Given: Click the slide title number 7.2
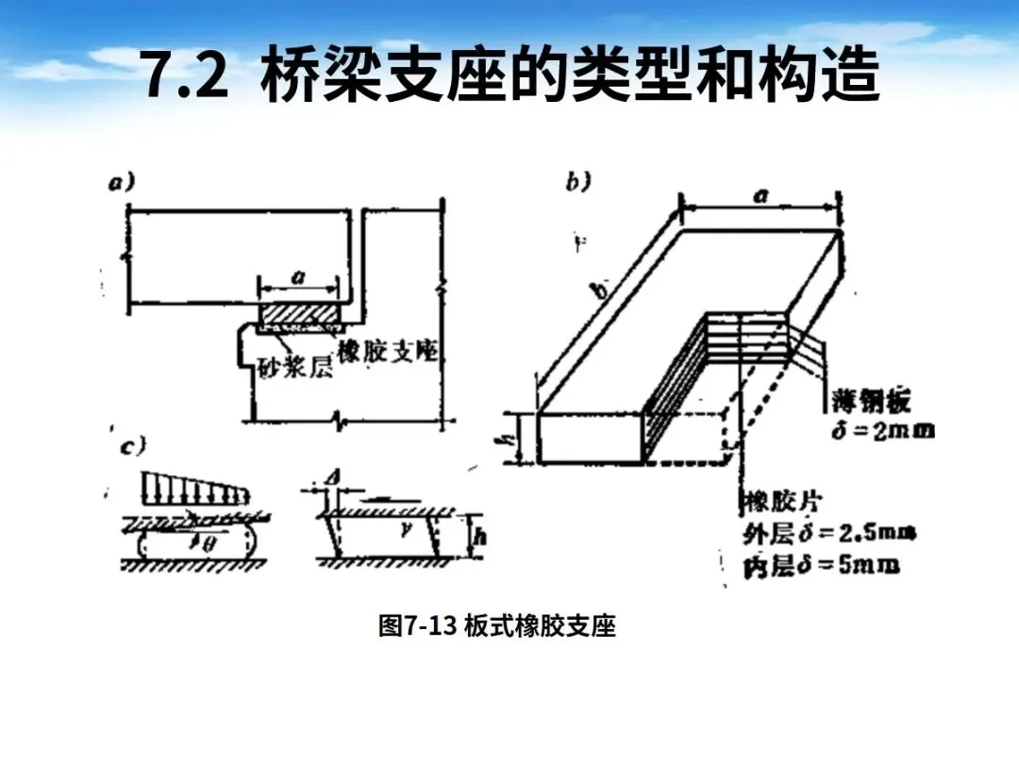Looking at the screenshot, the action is (186, 75).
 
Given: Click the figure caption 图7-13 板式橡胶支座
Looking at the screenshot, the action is (497, 626).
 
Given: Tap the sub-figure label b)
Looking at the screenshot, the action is (578, 182).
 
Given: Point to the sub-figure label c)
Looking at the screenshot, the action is (131, 447).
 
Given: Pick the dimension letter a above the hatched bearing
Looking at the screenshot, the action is (299, 276).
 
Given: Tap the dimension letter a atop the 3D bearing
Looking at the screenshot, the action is (761, 195).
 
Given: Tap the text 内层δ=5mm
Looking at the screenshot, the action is (821, 566).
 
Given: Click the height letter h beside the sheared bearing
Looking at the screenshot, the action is (481, 538).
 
